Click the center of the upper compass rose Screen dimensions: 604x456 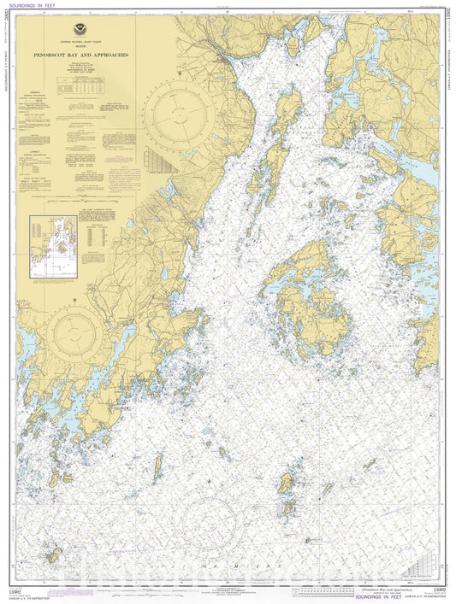pyautogui.click(x=179, y=118)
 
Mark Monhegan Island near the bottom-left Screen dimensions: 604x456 pyautogui.click(x=53, y=556)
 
